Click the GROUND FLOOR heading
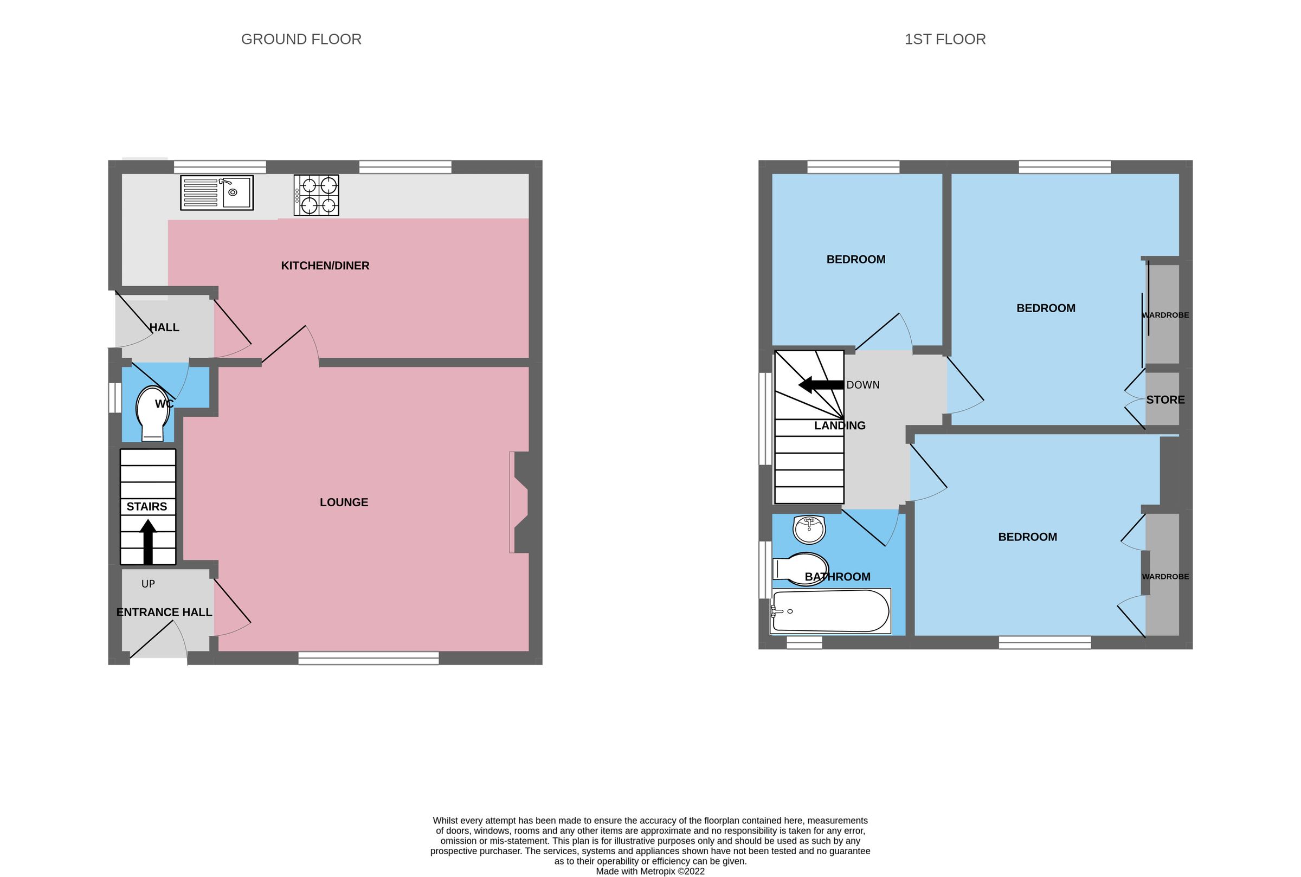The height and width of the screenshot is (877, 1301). coord(301,39)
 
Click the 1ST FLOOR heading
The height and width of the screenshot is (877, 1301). coord(945,39)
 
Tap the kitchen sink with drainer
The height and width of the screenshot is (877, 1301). coord(216,192)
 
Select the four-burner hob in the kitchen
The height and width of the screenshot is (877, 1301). coord(316,196)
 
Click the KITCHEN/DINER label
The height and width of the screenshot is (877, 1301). coord(325,266)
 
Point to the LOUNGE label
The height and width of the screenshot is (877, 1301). coord(344,502)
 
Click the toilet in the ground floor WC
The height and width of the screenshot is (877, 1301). coord(153,414)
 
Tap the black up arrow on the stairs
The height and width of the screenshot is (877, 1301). coord(147,541)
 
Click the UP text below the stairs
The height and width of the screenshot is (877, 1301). coord(147,584)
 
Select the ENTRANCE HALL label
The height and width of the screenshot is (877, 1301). coord(164,612)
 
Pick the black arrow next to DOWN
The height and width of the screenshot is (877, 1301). coord(820,385)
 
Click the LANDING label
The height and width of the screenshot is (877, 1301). coord(839,425)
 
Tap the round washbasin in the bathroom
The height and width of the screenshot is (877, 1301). coord(809,529)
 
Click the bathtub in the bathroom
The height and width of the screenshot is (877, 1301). coord(830,611)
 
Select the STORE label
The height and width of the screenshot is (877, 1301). coord(1165,400)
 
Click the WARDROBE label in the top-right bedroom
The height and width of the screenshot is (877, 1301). coord(1165,315)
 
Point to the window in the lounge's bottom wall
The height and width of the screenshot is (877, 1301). coord(368,658)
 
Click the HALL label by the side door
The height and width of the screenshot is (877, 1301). coord(164,328)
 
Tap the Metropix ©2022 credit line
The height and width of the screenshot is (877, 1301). coord(650,871)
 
